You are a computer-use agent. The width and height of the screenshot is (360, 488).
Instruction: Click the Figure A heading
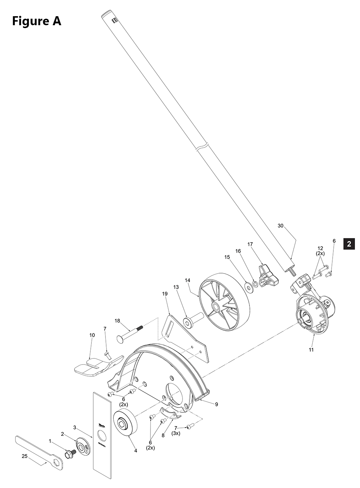click(37, 21)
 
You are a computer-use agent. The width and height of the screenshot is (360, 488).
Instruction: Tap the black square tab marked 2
click(349, 244)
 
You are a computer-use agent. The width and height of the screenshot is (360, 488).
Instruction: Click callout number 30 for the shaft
click(281, 226)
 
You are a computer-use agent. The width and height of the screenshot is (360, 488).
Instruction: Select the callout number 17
click(250, 244)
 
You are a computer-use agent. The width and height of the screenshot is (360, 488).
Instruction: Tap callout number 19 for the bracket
click(165, 294)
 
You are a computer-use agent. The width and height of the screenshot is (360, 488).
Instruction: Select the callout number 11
click(311, 349)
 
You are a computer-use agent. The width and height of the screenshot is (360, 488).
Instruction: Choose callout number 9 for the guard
click(217, 404)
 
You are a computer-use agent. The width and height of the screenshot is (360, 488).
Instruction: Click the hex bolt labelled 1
click(69, 454)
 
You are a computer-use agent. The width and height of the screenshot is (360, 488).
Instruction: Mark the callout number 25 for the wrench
click(24, 456)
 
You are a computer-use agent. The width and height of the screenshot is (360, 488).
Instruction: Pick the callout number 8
click(163, 435)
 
